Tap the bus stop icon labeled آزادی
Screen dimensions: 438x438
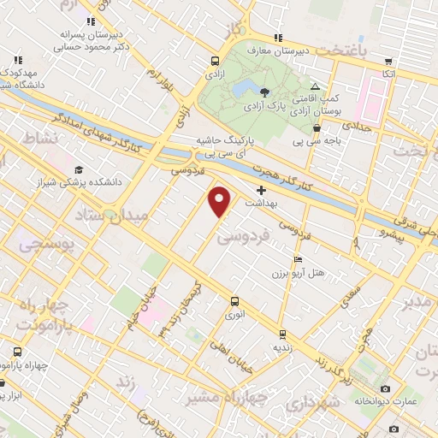214,61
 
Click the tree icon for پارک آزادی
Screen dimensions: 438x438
264,92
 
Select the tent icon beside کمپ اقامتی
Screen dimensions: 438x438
315,86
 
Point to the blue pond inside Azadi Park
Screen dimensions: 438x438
240,90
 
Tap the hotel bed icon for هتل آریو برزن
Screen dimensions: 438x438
298,259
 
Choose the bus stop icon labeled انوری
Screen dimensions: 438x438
234,301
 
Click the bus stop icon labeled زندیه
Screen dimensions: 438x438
281,334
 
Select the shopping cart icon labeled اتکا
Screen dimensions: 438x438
389,62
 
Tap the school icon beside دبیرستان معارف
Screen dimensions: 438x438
277,37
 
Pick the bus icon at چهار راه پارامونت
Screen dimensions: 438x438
17,352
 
